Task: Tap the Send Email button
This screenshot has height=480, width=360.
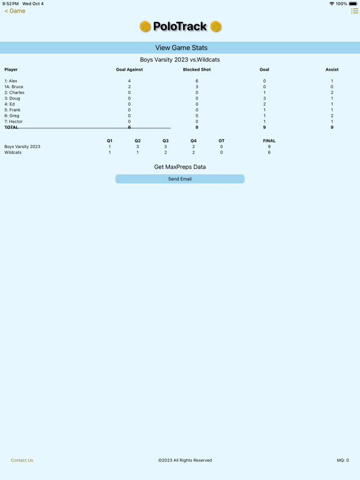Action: point(180,179)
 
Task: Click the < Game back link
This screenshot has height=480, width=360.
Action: point(15,11)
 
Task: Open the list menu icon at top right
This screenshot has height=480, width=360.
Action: point(354,11)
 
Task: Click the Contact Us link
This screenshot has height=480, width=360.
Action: point(22,460)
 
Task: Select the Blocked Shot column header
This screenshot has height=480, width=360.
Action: point(197,69)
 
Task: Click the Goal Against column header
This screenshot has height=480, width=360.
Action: point(129,69)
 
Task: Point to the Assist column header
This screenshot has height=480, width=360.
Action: point(332,69)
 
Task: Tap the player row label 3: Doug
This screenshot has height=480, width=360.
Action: point(12,98)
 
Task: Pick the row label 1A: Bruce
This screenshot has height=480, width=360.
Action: point(14,87)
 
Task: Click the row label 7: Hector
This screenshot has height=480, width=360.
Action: point(14,121)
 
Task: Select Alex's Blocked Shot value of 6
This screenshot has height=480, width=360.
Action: point(197,81)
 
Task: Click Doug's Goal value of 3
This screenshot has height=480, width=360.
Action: point(264,98)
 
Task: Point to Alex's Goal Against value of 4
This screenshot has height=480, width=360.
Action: point(129,81)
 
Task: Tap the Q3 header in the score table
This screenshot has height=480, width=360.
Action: point(166,141)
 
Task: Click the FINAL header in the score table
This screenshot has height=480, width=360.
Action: point(269,141)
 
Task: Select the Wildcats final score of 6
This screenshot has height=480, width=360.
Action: point(269,152)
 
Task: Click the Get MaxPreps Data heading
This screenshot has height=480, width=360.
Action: point(180,167)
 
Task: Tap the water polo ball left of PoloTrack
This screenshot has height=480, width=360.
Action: point(145,26)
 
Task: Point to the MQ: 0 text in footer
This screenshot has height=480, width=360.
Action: point(343,460)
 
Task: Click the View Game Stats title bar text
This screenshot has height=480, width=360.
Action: point(181,47)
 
